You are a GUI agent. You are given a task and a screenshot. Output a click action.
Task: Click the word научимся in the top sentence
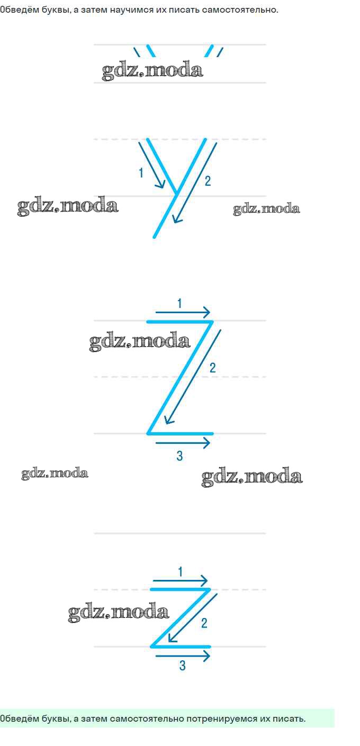point(131,10)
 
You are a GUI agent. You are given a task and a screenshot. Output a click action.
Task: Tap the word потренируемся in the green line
point(222,718)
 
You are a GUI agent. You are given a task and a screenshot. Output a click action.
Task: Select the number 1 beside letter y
point(141,172)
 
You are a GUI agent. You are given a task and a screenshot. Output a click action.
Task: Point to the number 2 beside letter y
point(208,181)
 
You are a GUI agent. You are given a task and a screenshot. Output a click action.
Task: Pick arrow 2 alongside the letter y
point(195,183)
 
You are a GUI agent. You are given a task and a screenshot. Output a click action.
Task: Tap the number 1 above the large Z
point(179,303)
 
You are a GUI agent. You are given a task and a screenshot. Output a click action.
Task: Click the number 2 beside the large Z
point(213,368)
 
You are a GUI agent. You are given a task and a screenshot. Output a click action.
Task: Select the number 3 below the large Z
point(179,456)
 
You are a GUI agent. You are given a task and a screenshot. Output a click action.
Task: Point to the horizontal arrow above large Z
point(183,312)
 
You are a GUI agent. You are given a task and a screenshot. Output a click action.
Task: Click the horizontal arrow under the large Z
point(183,443)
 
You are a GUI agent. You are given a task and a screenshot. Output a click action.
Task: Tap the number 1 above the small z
point(181,571)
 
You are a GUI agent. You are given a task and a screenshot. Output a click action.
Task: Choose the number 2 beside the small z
point(204,623)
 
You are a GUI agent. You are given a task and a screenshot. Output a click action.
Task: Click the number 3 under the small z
point(182,666)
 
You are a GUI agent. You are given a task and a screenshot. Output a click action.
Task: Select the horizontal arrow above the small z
point(181,581)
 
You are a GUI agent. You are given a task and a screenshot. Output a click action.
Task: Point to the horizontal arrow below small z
point(183,656)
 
